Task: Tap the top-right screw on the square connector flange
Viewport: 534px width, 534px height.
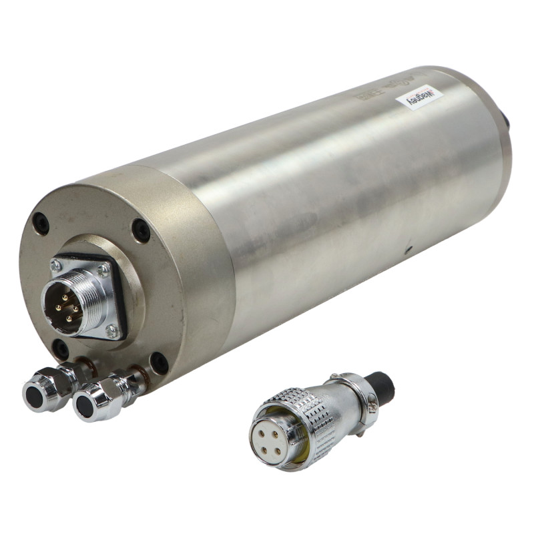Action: pos(103,270)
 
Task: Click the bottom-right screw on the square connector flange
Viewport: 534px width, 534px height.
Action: pos(112,331)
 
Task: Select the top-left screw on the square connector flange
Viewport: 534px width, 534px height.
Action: pos(56,266)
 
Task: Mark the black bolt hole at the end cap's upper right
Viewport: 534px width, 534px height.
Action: pos(141,230)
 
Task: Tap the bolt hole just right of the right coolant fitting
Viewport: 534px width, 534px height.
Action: pos(159,362)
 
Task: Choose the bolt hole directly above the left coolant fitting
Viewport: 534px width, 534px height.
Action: pos(61,348)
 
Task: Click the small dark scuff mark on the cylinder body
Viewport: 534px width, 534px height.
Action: pos(408,250)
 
